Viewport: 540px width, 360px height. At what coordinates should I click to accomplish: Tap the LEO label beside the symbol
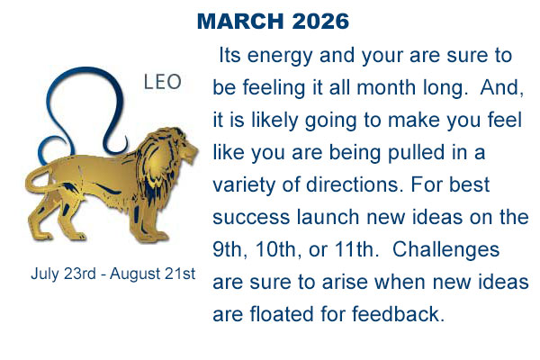click(163, 82)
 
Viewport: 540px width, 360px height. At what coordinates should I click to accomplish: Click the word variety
click(244, 185)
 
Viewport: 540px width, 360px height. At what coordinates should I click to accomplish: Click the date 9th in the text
click(230, 250)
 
